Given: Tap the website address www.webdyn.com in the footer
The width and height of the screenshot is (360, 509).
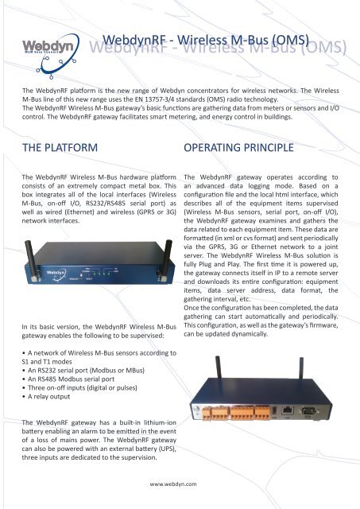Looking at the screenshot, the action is (x=180, y=482).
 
